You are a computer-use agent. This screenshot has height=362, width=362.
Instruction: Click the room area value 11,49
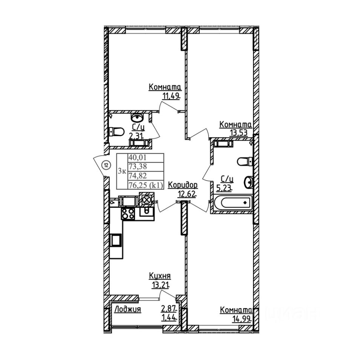click(x=170, y=95)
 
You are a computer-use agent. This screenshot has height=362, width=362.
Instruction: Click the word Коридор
click(x=183, y=185)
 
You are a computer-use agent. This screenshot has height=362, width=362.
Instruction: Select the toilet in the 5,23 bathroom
click(x=244, y=161)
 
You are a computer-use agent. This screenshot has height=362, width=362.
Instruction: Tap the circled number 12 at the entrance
click(x=106, y=165)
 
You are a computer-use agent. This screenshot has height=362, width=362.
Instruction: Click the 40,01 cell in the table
click(x=136, y=158)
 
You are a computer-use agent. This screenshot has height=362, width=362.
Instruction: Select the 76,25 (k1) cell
click(x=146, y=184)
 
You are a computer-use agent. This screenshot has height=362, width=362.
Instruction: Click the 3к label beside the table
click(x=122, y=171)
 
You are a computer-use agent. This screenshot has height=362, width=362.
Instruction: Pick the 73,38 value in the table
click(x=136, y=167)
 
